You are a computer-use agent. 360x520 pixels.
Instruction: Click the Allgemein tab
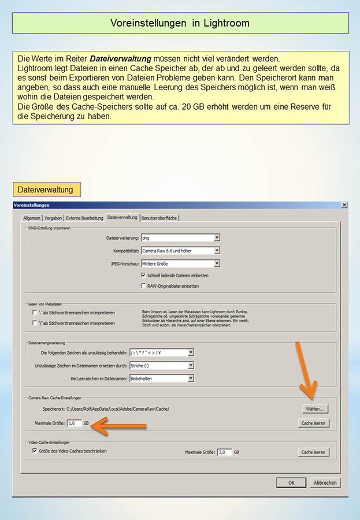32,218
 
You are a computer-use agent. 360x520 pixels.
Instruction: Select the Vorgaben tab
53,218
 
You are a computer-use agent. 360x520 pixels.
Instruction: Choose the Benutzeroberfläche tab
159,218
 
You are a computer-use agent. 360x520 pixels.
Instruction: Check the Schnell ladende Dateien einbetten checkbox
143,275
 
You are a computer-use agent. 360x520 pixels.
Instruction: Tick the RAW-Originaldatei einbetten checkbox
143,285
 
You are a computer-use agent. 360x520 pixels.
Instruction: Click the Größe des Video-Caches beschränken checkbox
35,451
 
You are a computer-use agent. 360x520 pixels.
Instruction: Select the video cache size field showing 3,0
224,452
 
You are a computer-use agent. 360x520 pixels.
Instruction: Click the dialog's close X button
344,205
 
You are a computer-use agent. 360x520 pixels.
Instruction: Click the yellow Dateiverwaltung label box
46,189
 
